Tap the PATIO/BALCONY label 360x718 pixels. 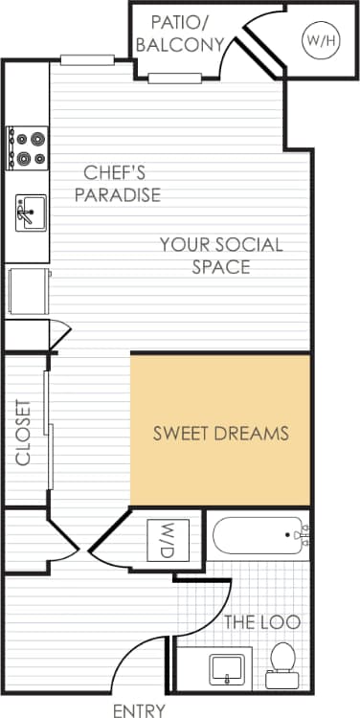[x=179, y=33]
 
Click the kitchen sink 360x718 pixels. [x=30, y=212]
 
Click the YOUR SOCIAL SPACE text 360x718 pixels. [x=221, y=255]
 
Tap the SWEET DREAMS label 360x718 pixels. [x=221, y=434]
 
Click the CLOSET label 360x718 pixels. [x=23, y=432]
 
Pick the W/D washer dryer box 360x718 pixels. [x=168, y=540]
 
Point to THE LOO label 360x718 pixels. [x=261, y=622]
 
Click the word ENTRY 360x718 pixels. [x=139, y=710]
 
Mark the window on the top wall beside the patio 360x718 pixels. [x=88, y=60]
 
